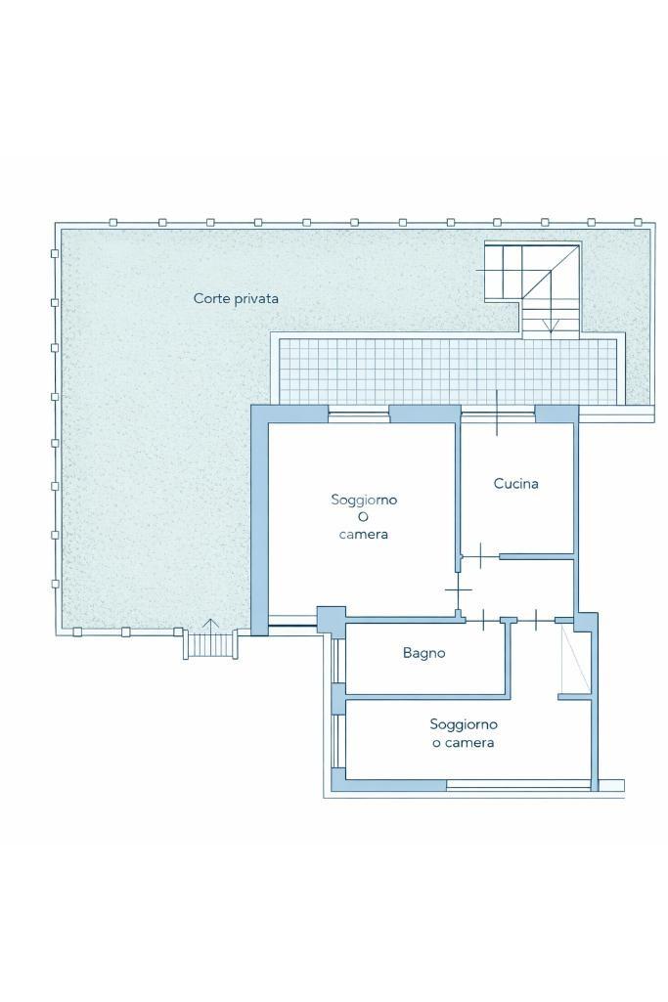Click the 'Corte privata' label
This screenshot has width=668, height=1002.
click(x=236, y=298)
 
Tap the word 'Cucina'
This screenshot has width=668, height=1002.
click(x=515, y=484)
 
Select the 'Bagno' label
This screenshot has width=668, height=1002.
click(x=423, y=653)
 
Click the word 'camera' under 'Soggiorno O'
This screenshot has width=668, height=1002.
click(x=363, y=534)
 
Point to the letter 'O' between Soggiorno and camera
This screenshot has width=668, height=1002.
click(x=363, y=517)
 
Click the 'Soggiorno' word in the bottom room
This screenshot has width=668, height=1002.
click(x=464, y=724)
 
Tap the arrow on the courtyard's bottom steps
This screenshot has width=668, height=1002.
click(x=211, y=625)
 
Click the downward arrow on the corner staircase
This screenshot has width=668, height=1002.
click(x=550, y=325)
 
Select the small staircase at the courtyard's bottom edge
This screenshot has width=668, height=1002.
click(x=211, y=644)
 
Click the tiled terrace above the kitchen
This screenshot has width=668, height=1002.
click(x=448, y=371)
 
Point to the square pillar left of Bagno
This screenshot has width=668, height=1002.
click(x=332, y=620)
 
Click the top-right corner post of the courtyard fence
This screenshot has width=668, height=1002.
click(x=637, y=222)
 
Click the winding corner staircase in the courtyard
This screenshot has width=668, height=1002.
click(x=532, y=288)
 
